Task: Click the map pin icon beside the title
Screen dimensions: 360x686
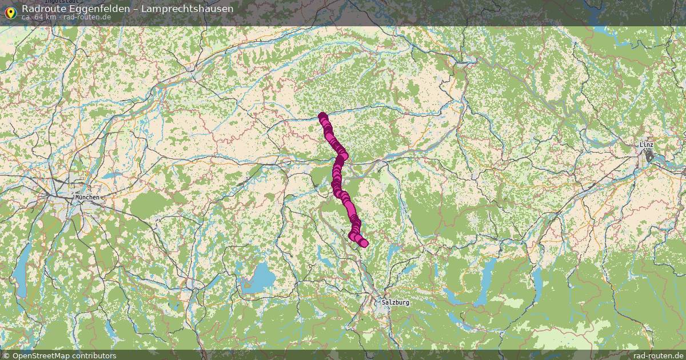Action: pyautogui.click(x=10, y=12)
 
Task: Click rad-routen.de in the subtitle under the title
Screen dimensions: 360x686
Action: pyautogui.click(x=87, y=17)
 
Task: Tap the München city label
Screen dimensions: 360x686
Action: pyautogui.click(x=87, y=197)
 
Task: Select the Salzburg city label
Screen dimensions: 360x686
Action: pyautogui.click(x=396, y=302)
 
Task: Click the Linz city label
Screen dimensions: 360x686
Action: pyautogui.click(x=646, y=145)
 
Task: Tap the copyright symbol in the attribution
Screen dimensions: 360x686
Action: pyautogui.click(x=6, y=355)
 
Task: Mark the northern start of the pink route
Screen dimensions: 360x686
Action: pyautogui.click(x=322, y=115)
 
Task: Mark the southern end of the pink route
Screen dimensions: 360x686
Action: pyautogui.click(x=364, y=244)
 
